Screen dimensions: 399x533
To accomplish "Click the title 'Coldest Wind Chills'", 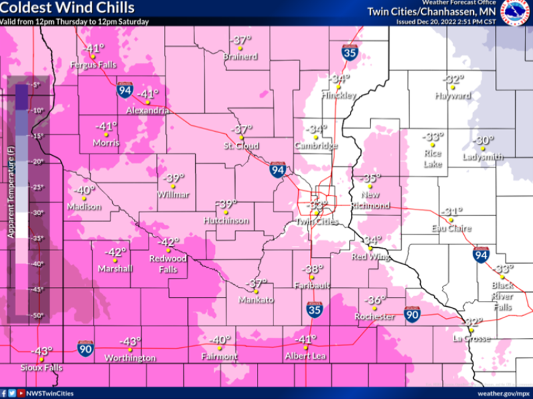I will (x=68, y=8).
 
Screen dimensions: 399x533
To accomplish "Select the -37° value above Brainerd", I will (x=240, y=40).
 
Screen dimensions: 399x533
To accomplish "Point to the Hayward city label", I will (x=453, y=95).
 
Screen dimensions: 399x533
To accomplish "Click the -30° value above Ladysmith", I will (x=483, y=141).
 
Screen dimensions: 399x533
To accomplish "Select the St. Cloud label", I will (x=241, y=146).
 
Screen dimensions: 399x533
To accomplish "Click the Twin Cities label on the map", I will (x=317, y=221).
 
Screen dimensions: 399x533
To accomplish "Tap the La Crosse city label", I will (x=471, y=339).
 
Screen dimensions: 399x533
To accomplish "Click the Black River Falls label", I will (x=502, y=296).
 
